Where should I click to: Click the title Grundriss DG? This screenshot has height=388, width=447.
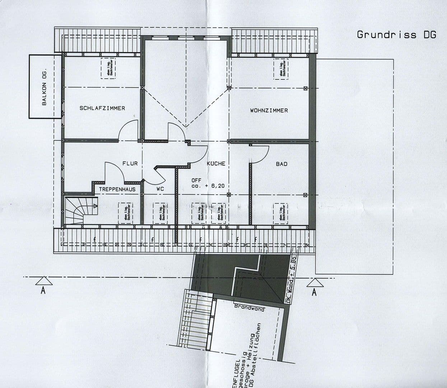396,35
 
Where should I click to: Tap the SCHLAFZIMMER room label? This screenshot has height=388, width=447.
102,108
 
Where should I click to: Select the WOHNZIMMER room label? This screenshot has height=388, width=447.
269,111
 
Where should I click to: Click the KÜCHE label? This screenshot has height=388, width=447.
216,163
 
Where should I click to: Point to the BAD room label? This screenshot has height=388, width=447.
281,164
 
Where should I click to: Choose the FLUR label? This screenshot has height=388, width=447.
130,163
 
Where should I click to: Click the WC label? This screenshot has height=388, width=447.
160,188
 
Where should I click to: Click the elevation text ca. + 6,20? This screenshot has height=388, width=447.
208,186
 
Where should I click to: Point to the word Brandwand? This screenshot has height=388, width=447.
250,308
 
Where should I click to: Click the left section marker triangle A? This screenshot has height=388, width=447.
43,281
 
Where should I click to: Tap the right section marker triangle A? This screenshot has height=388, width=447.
315,283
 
